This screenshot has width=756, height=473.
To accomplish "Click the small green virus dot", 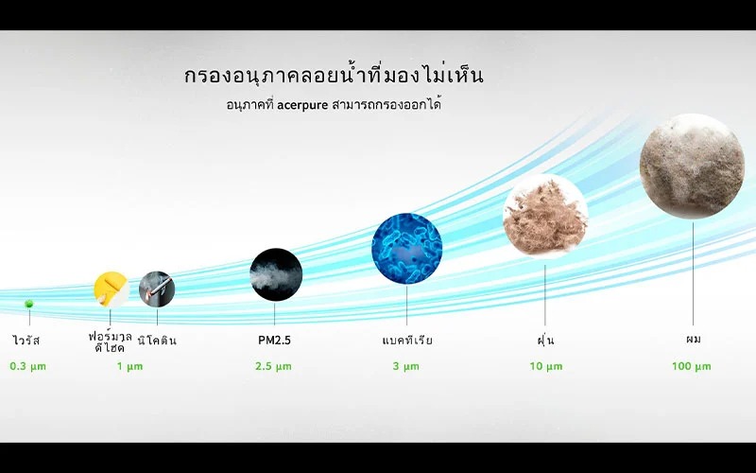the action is (x=29, y=304).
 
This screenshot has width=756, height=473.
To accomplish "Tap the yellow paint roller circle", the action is (x=112, y=289).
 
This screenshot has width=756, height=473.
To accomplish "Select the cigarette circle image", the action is (x=157, y=289).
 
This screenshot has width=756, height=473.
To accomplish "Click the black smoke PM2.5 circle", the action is (x=276, y=274).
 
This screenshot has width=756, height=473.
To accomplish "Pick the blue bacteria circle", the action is (x=407, y=249).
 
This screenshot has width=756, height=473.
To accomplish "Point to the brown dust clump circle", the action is (x=545, y=217).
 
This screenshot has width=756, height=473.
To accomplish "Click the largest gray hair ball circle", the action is (x=692, y=166).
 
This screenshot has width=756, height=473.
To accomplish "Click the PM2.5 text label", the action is (x=274, y=341).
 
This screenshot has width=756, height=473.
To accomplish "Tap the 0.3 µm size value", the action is (x=28, y=366).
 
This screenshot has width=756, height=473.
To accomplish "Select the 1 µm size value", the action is (x=129, y=366).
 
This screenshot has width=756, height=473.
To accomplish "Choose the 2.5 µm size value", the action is (x=273, y=366).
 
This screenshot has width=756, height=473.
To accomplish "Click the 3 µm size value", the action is (x=406, y=366).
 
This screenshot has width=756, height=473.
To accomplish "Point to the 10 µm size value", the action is (x=546, y=366).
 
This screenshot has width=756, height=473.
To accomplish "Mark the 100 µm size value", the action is (x=692, y=366).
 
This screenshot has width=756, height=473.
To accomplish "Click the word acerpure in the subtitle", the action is (x=302, y=105).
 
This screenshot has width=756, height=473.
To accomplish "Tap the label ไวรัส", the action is (x=26, y=340).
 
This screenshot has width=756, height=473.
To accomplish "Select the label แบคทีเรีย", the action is (x=407, y=340).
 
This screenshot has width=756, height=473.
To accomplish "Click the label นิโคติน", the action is (x=157, y=340).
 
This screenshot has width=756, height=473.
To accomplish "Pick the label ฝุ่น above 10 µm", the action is (x=545, y=340).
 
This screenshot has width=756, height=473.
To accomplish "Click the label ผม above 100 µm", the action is (x=694, y=340).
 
